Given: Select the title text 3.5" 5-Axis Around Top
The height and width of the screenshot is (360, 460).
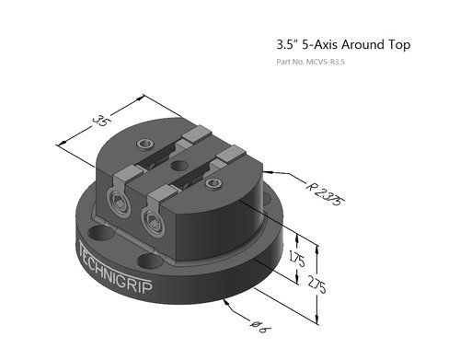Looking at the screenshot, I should (342, 44).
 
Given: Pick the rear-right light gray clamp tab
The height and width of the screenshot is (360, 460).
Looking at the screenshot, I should (232, 158).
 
